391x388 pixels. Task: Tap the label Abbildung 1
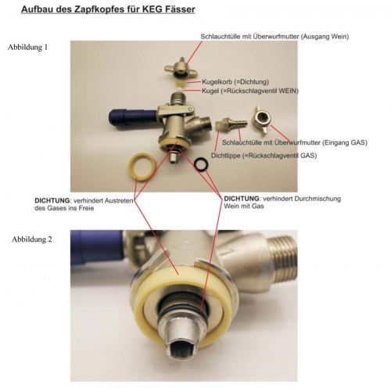[27, 48]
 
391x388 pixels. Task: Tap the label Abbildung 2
[32, 239]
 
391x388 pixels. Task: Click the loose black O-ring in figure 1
[201, 164]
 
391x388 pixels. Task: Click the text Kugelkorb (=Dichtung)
[235, 82]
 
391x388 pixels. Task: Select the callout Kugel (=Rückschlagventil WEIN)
[250, 91]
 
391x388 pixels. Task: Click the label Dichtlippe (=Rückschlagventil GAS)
[264, 156]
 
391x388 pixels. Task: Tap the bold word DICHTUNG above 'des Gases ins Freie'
[52, 201]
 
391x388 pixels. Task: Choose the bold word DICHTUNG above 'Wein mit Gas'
[242, 199]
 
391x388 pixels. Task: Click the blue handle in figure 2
[97, 248]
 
